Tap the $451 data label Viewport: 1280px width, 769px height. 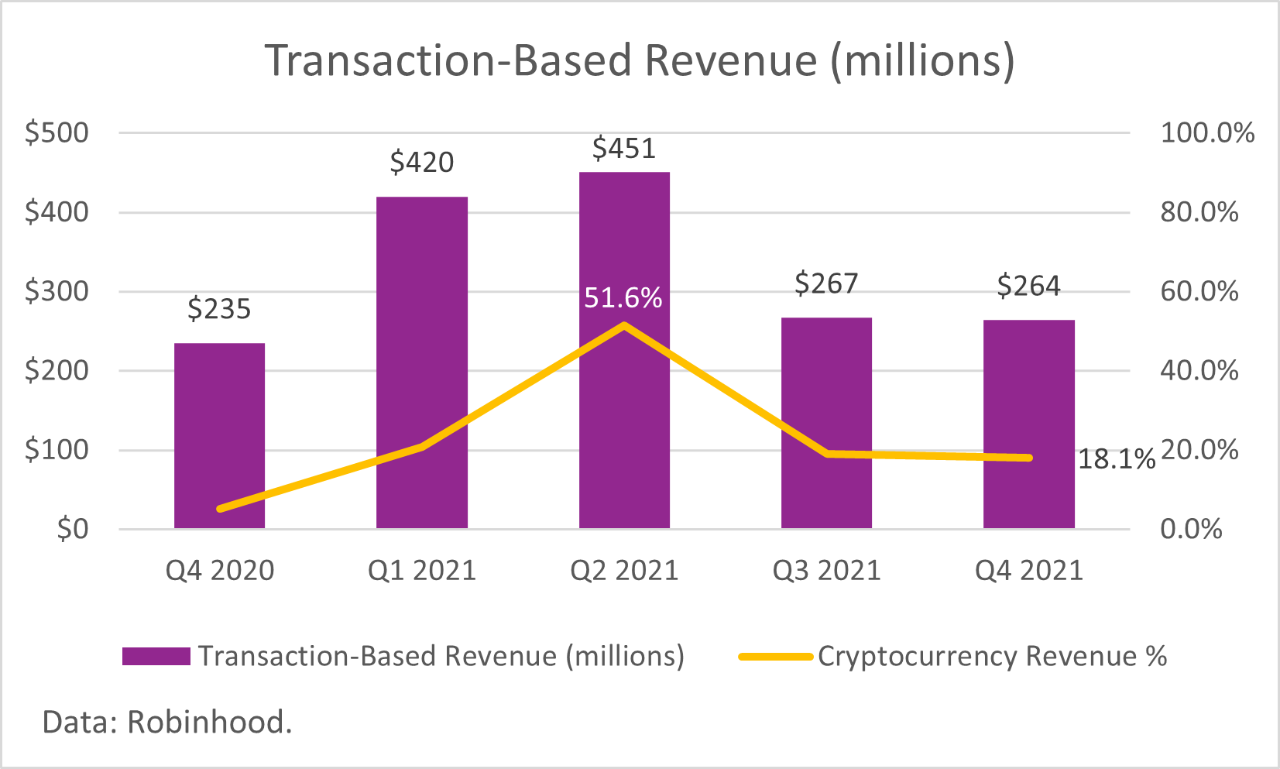[x=623, y=149]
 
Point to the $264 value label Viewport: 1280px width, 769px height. [x=1028, y=287]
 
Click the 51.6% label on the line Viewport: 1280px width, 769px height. [x=623, y=298]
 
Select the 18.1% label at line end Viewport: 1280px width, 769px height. [x=1116, y=459]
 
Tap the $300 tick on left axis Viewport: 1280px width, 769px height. [x=57, y=292]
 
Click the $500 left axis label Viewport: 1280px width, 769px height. [x=57, y=133]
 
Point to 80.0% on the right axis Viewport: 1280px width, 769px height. [x=1199, y=212]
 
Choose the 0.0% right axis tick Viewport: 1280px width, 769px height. [x=1191, y=530]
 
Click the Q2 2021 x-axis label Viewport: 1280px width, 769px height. [x=624, y=571]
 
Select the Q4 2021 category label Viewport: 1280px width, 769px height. [x=1028, y=571]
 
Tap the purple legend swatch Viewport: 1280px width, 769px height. [x=156, y=657]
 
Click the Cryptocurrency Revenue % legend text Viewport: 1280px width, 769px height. [x=992, y=657]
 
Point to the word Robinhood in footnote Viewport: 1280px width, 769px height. [x=209, y=723]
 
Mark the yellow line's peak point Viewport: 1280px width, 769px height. [x=624, y=324]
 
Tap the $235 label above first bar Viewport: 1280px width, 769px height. [x=219, y=310]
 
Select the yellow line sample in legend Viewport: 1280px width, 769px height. [x=774, y=657]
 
